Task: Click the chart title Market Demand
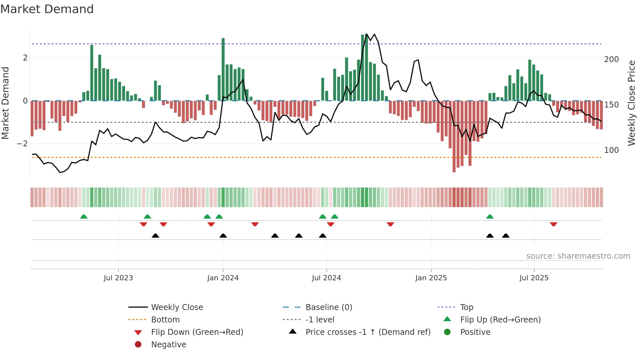click(x=47, y=9)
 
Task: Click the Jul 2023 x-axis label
click(x=118, y=278)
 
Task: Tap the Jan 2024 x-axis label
click(x=223, y=278)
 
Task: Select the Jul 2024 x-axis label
click(x=326, y=278)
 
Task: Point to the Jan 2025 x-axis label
click(x=431, y=278)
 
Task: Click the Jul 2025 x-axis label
click(x=534, y=278)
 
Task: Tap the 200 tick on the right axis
click(x=611, y=59)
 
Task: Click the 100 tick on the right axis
click(x=611, y=150)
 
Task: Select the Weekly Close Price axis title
click(x=632, y=103)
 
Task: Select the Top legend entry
click(x=467, y=307)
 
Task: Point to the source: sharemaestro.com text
click(x=578, y=256)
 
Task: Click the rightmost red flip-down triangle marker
click(x=553, y=224)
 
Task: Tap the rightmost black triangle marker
click(x=506, y=236)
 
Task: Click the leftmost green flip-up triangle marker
click(x=84, y=217)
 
